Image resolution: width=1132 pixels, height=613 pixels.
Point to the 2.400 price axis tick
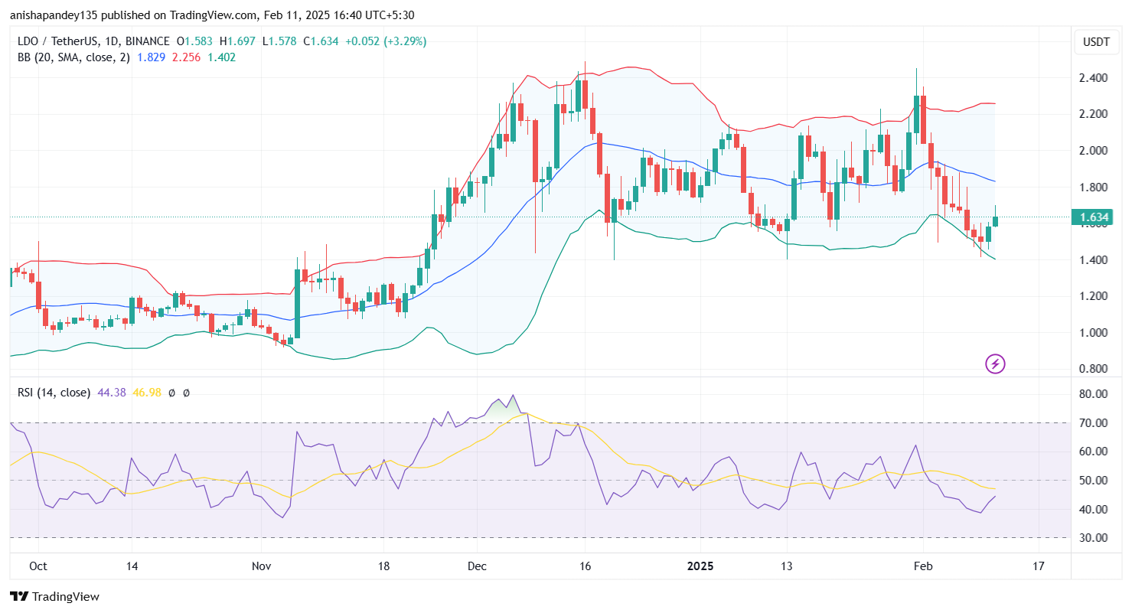click(1094, 78)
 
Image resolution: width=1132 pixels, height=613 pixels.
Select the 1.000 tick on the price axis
click(1094, 333)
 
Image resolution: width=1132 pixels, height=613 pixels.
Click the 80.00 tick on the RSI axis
click(1094, 394)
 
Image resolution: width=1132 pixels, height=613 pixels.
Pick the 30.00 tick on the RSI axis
click(1094, 538)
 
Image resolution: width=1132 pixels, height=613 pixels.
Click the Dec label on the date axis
click(475, 566)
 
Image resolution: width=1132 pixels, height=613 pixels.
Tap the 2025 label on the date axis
click(700, 566)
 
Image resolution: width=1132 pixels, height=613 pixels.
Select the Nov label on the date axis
click(261, 566)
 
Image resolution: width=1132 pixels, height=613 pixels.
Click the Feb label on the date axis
click(923, 566)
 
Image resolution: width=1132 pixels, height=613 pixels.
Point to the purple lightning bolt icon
click(995, 364)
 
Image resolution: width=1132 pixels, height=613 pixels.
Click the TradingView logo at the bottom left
click(54, 596)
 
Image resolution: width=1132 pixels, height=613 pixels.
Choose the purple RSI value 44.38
click(111, 393)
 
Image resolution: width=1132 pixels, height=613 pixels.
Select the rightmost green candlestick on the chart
click(996, 220)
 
